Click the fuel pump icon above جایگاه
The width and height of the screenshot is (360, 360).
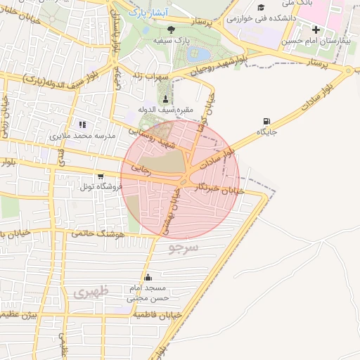tap(266, 121)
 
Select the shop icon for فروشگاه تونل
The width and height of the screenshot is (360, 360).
tap(101, 176)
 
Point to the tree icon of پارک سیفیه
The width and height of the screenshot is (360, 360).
tap(172, 29)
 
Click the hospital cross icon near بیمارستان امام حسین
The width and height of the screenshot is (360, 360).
tap(316, 30)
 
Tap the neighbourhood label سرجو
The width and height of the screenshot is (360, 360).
tap(184, 247)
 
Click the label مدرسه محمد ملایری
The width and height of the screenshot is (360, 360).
tap(81, 134)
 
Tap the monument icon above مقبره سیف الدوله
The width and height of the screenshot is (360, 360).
tap(166, 98)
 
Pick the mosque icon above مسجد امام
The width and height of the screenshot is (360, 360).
tap(148, 278)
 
